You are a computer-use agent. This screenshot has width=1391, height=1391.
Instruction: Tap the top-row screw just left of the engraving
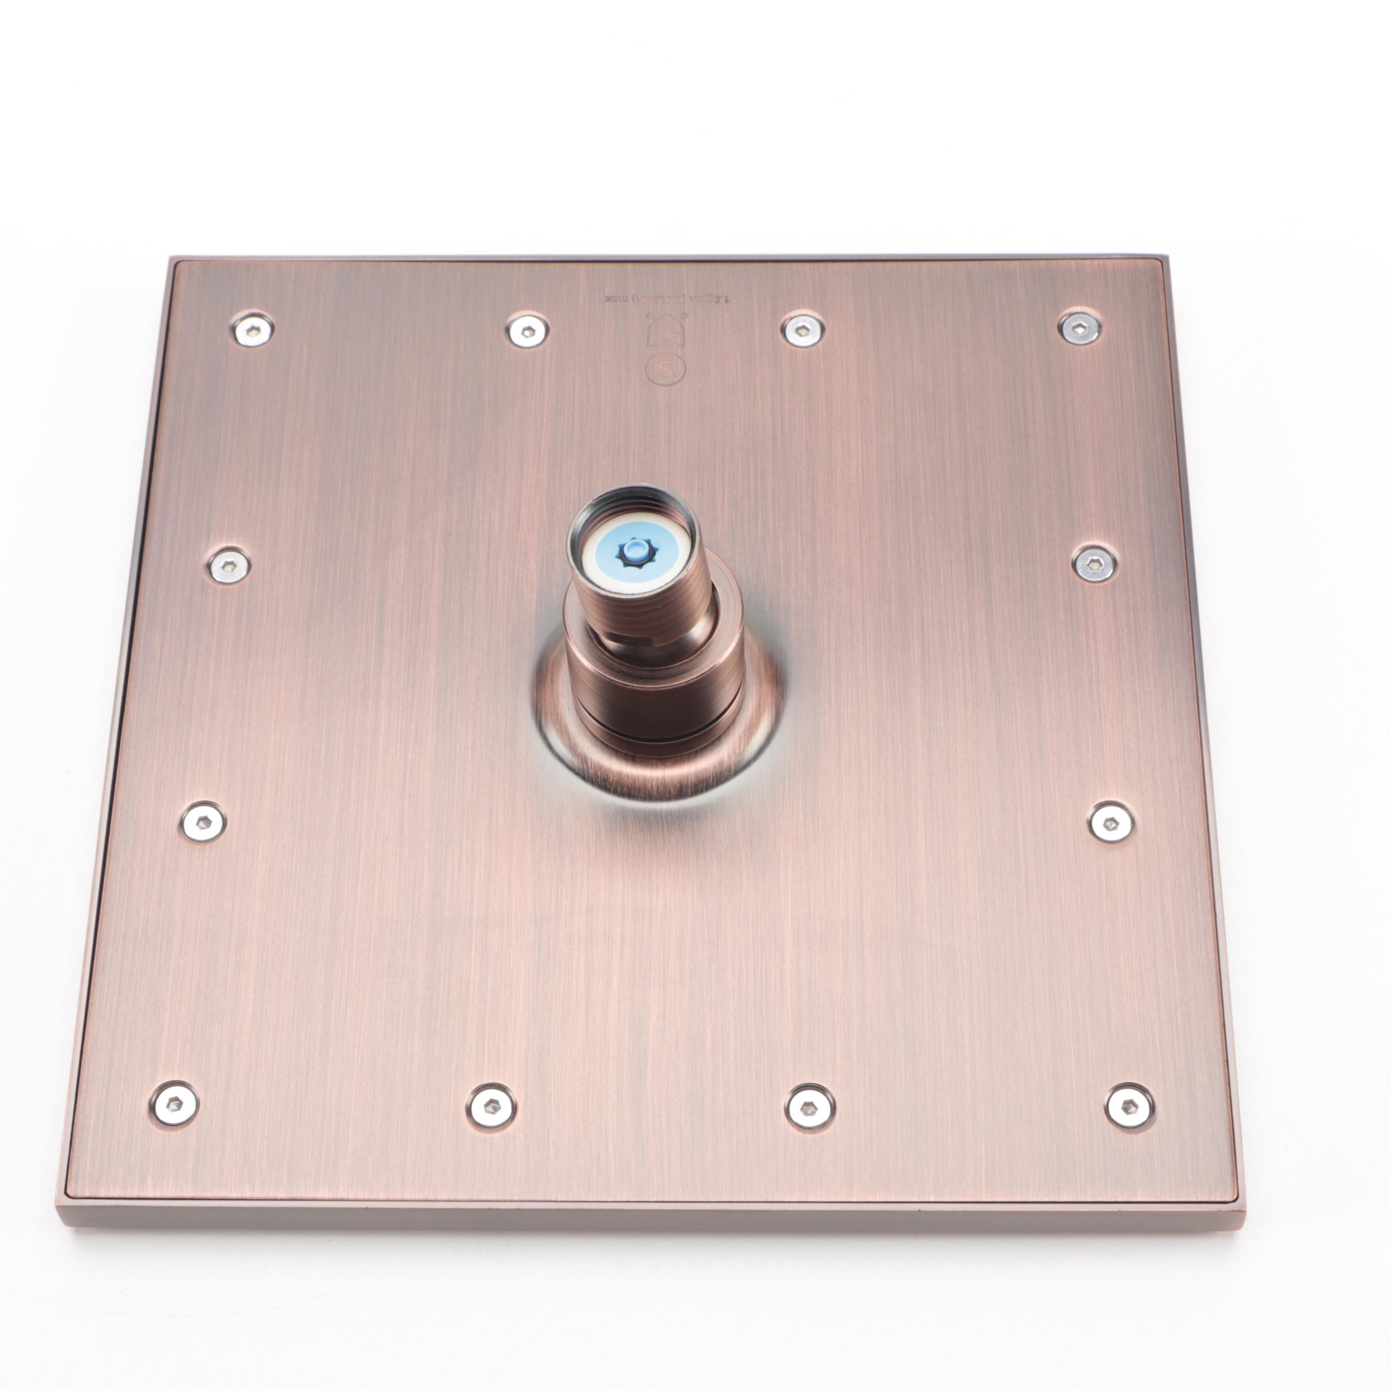pyautogui.click(x=527, y=330)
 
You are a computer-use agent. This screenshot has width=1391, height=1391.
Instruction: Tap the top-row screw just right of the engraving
pyautogui.click(x=803, y=328)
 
